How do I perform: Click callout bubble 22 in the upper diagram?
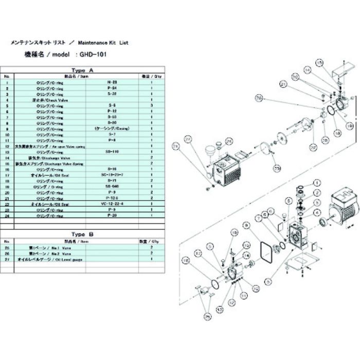311,148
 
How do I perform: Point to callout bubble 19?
350,125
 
